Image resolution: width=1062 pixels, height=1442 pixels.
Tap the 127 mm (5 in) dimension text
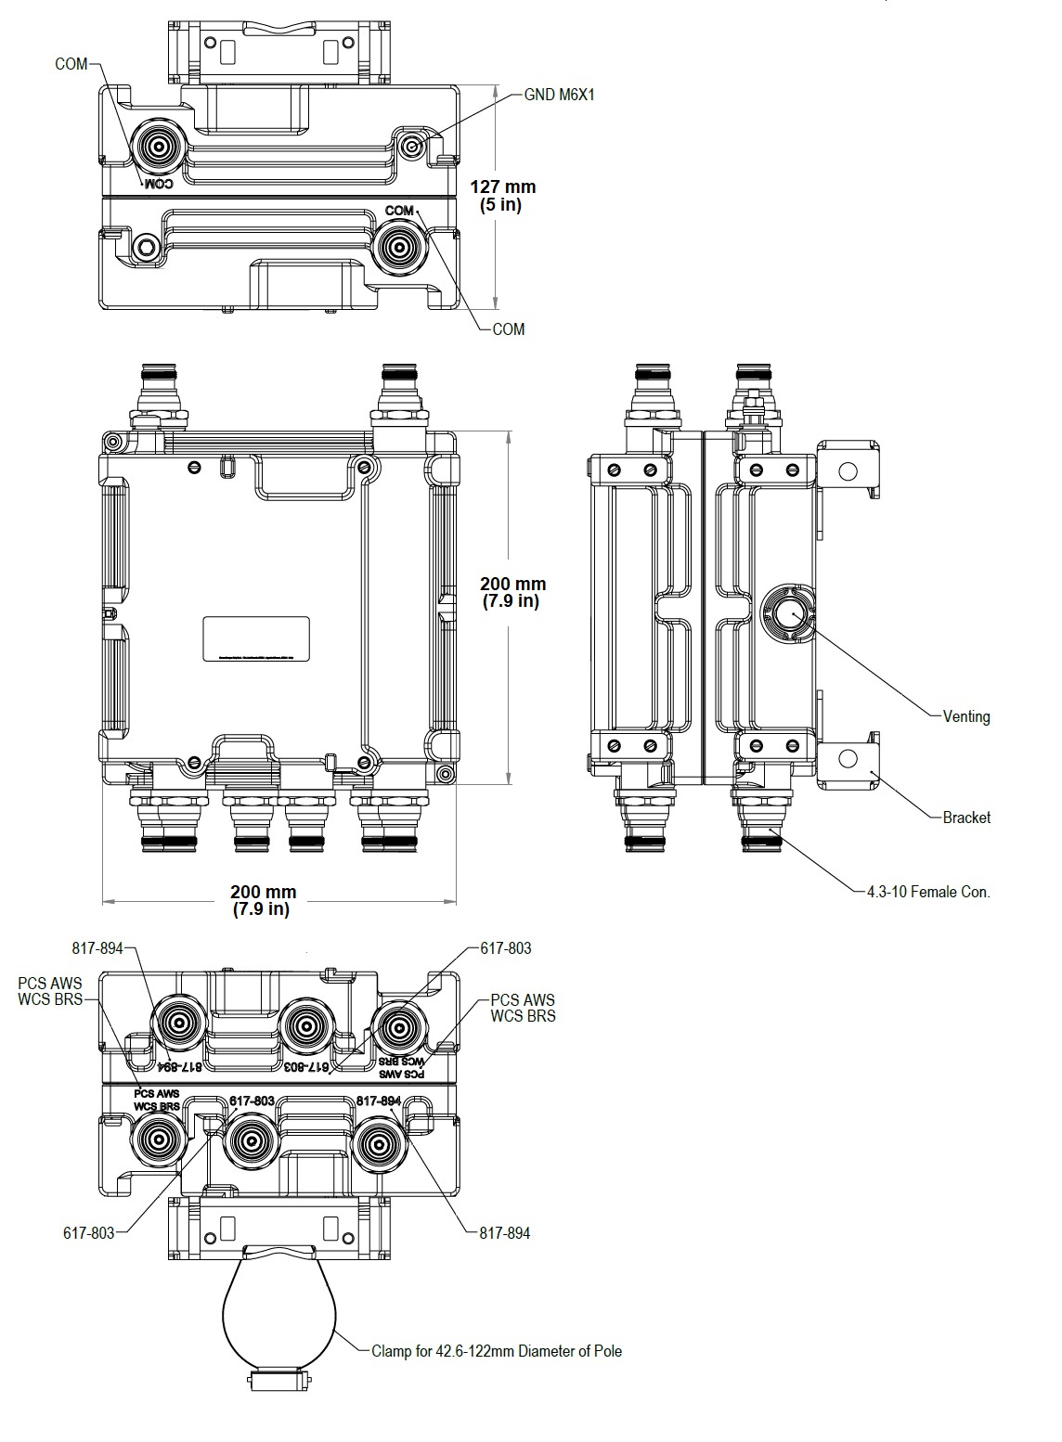tap(502, 196)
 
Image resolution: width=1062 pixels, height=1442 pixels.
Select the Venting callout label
tap(965, 716)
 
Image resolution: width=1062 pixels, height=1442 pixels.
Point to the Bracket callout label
tap(965, 818)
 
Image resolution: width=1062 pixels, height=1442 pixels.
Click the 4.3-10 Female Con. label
tap(927, 892)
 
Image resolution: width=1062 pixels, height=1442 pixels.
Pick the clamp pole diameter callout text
tap(496, 1351)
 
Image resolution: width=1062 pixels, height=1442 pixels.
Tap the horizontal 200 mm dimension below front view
tap(263, 900)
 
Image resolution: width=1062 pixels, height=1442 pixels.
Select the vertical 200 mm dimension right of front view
tap(512, 592)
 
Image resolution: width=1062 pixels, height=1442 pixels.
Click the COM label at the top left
tap(71, 64)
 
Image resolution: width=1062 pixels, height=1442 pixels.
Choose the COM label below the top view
tap(508, 329)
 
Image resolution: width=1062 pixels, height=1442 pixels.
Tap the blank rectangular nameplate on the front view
tap(256, 638)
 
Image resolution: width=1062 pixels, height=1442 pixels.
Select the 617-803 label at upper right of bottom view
tap(505, 948)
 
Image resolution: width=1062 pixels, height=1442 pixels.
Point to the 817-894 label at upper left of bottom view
tap(97, 948)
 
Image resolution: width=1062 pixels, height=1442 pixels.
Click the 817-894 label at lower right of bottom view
tap(505, 1233)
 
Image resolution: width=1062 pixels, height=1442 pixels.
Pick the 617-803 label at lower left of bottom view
tap(89, 1233)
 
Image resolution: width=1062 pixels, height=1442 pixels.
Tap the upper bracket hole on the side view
tap(847, 470)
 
